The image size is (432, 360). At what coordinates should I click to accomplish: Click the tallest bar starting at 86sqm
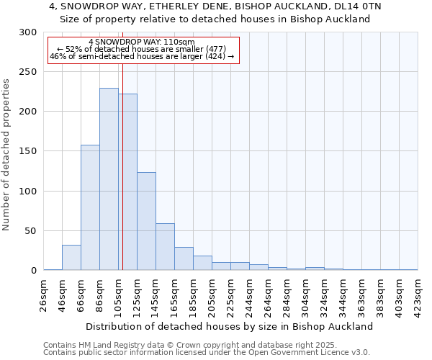(x=109, y=179)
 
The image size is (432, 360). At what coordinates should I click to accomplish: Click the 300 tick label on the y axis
(x=28, y=32)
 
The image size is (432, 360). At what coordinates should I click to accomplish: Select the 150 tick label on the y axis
(x=28, y=152)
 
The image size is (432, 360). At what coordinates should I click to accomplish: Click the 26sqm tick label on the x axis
(x=44, y=293)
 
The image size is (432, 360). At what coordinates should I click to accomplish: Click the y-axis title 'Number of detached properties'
(x=7, y=155)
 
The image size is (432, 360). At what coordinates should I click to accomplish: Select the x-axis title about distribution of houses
(x=229, y=326)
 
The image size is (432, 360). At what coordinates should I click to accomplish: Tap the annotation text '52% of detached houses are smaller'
(x=142, y=49)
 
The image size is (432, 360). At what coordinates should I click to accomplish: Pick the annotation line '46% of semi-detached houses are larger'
(x=142, y=56)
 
